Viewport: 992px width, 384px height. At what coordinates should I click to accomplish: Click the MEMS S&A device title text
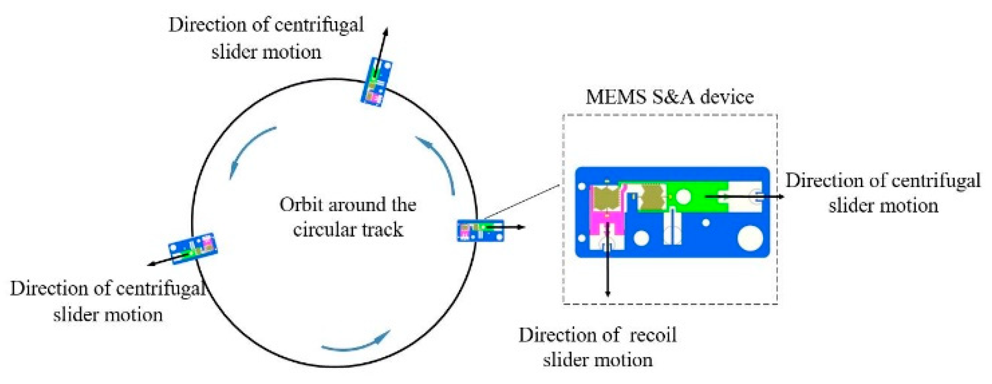[669, 97]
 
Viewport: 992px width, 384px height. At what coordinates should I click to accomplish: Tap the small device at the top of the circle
[376, 82]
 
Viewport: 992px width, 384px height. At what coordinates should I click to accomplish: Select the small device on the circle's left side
[193, 248]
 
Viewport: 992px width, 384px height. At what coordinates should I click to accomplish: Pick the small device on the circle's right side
[480, 230]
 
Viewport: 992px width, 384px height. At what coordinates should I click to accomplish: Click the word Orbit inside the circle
[301, 205]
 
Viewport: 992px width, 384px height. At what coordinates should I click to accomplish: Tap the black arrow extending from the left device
[165, 260]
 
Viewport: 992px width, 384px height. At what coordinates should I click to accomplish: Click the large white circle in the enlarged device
[750, 238]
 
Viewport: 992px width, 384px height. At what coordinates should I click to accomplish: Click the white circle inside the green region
[683, 197]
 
